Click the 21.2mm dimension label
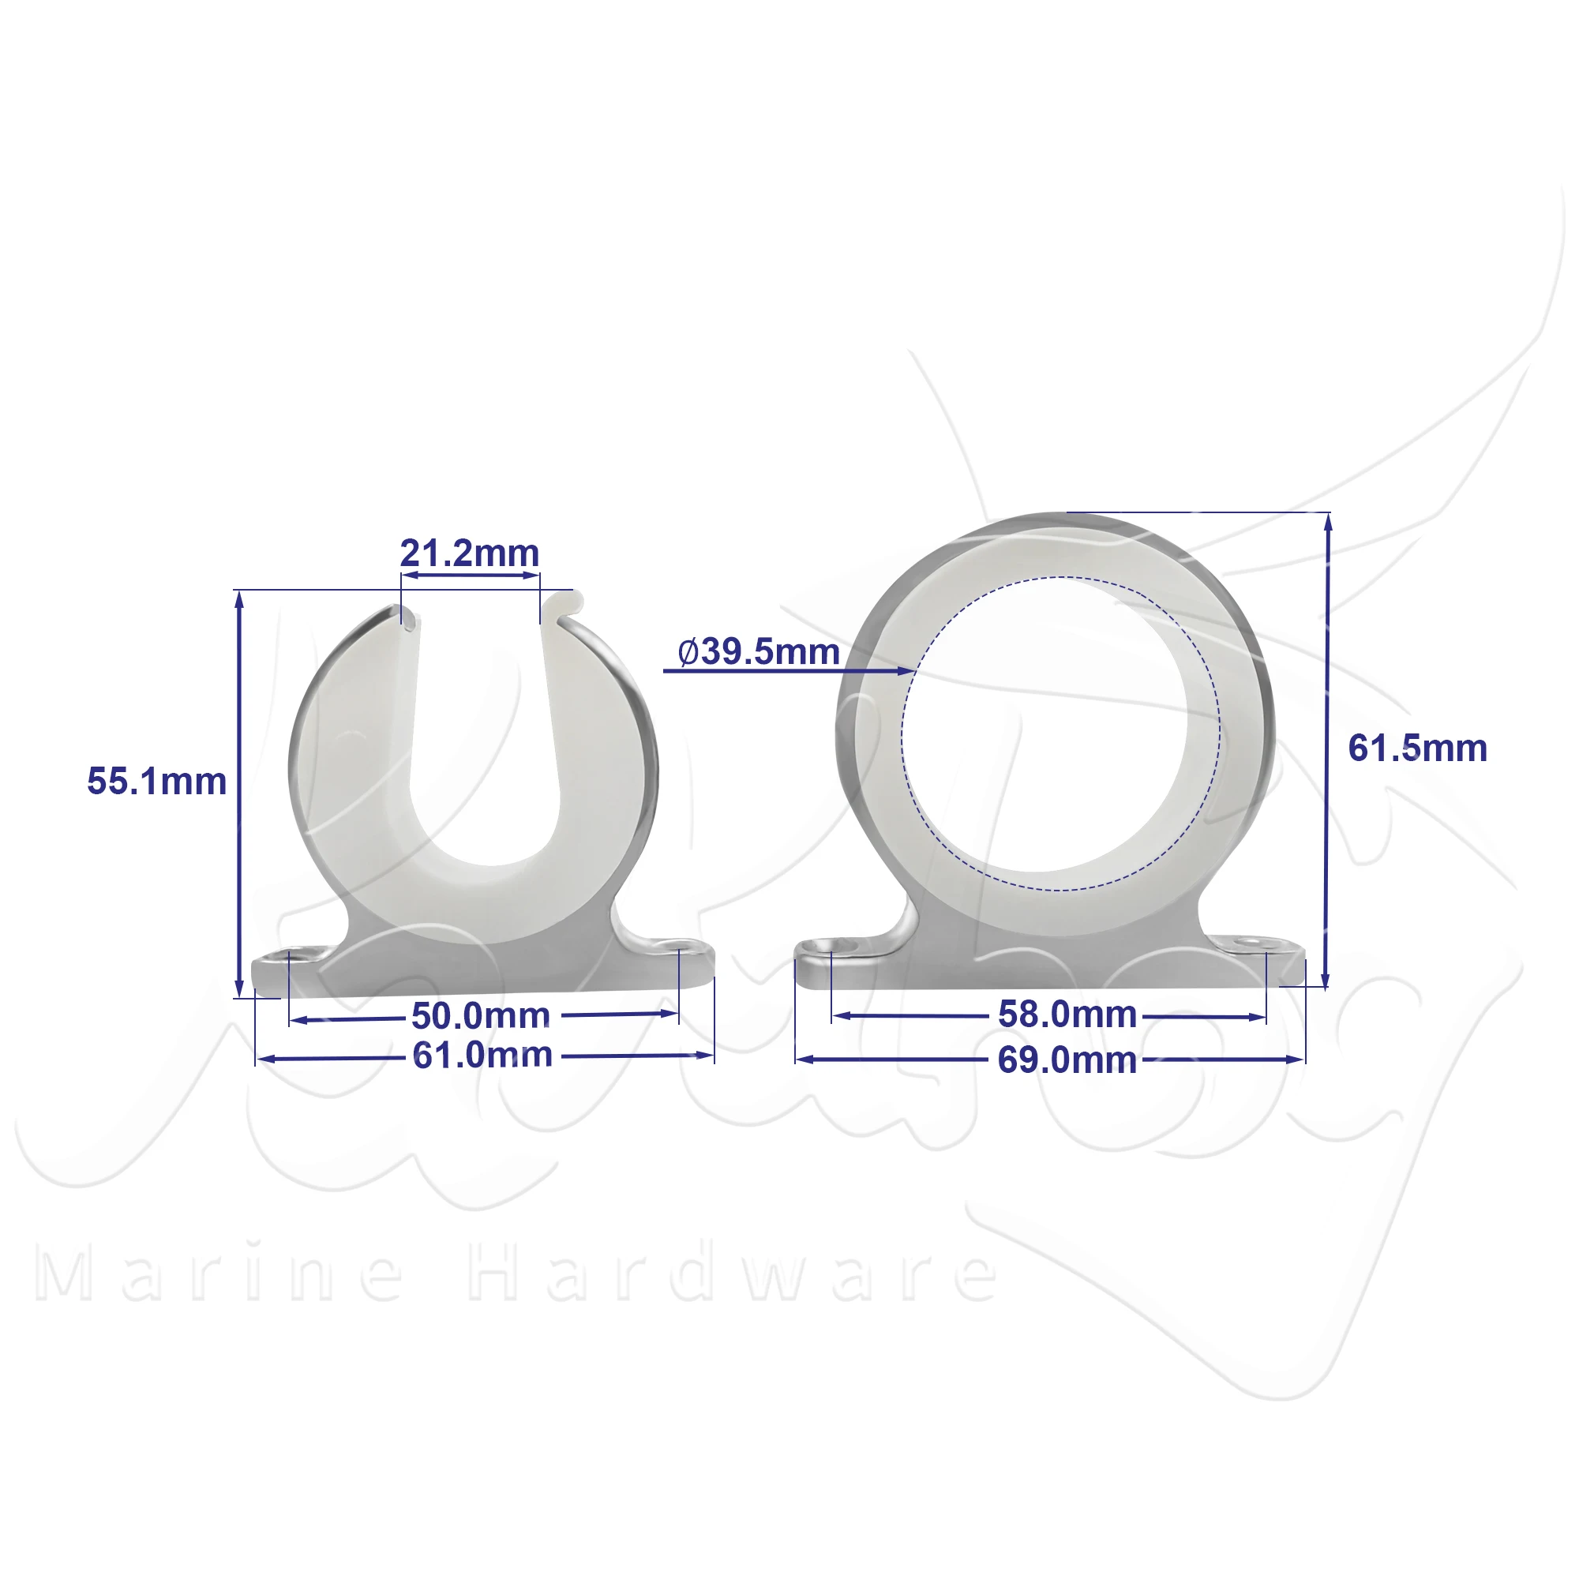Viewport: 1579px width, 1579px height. [x=470, y=554]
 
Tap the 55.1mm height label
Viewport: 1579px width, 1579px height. [x=157, y=782]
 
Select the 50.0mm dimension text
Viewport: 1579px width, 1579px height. [x=481, y=1016]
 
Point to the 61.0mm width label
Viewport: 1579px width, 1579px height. [x=482, y=1055]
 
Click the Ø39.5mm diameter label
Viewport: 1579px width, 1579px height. [x=759, y=651]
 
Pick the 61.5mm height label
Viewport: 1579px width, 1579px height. [x=1418, y=748]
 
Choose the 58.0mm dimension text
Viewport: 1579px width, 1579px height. [x=1067, y=1015]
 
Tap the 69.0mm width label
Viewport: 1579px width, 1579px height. [x=1067, y=1060]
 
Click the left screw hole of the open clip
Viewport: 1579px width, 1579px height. [x=291, y=954]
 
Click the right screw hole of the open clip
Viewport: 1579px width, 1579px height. [x=679, y=946]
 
